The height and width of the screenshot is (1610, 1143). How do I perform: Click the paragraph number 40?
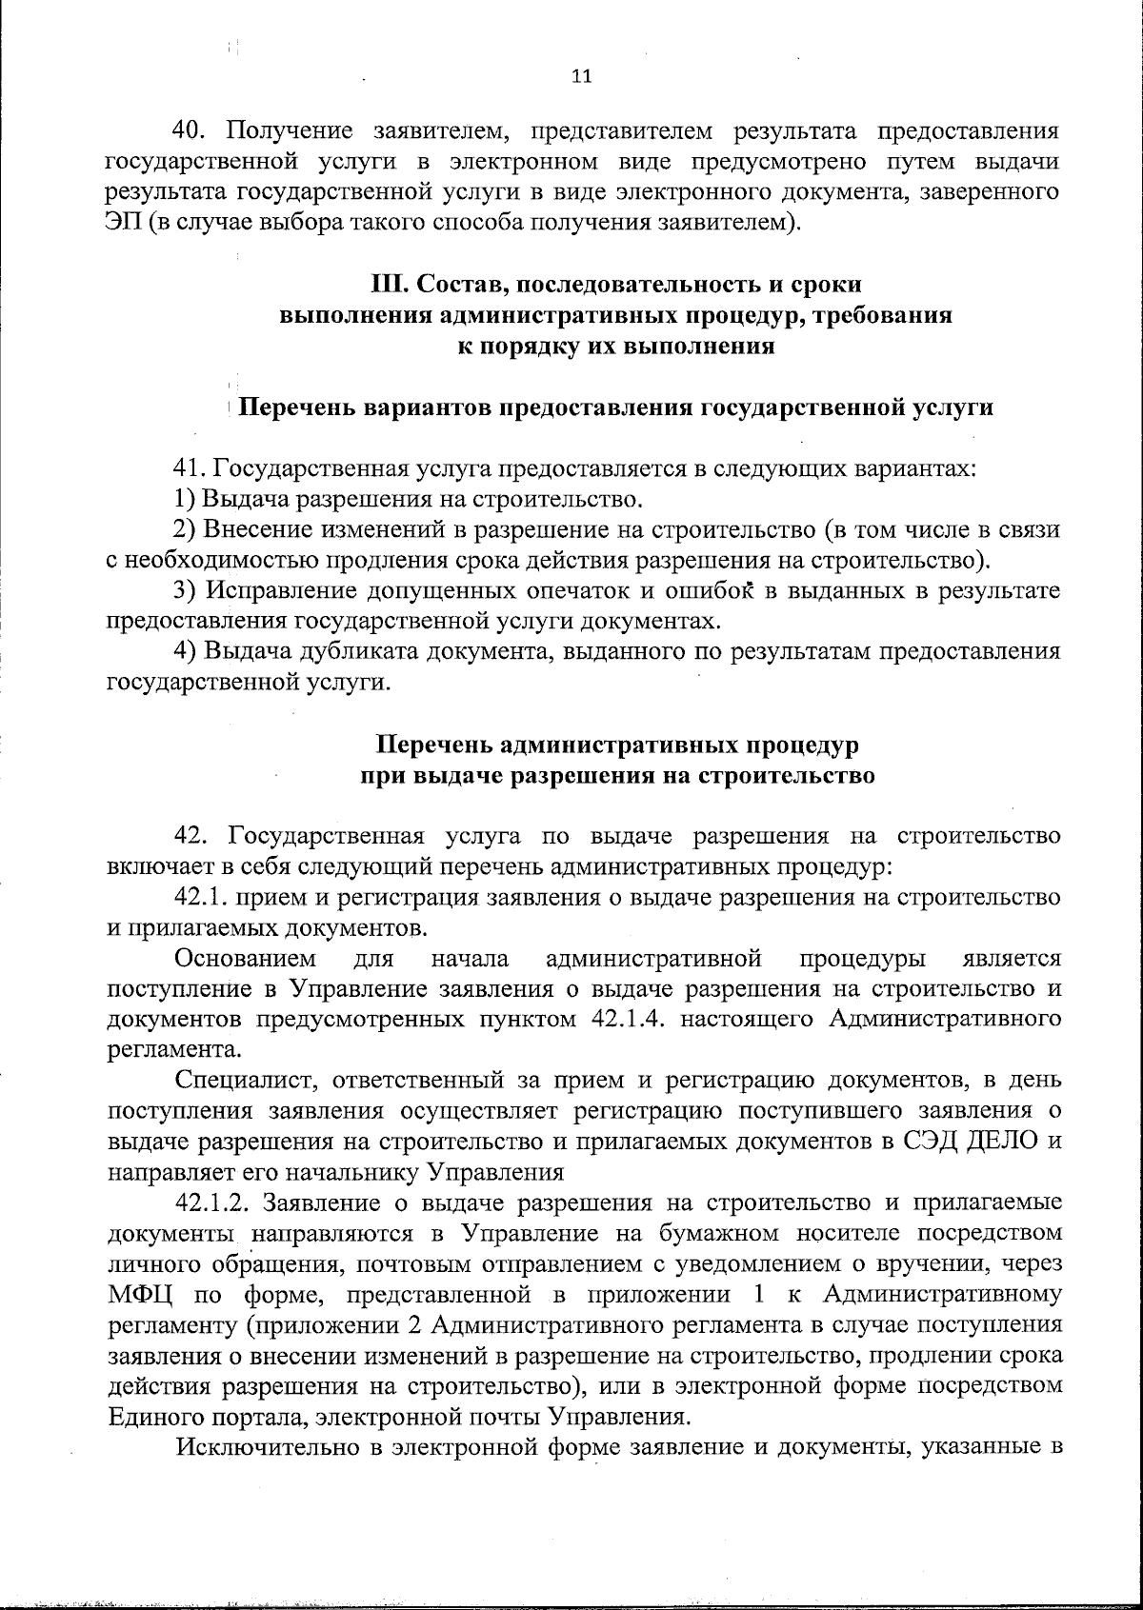coord(187,130)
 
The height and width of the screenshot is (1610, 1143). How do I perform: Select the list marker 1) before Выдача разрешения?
coord(185,499)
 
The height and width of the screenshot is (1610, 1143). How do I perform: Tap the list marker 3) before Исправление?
coord(186,591)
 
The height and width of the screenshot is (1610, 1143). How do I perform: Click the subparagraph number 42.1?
coord(199,897)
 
